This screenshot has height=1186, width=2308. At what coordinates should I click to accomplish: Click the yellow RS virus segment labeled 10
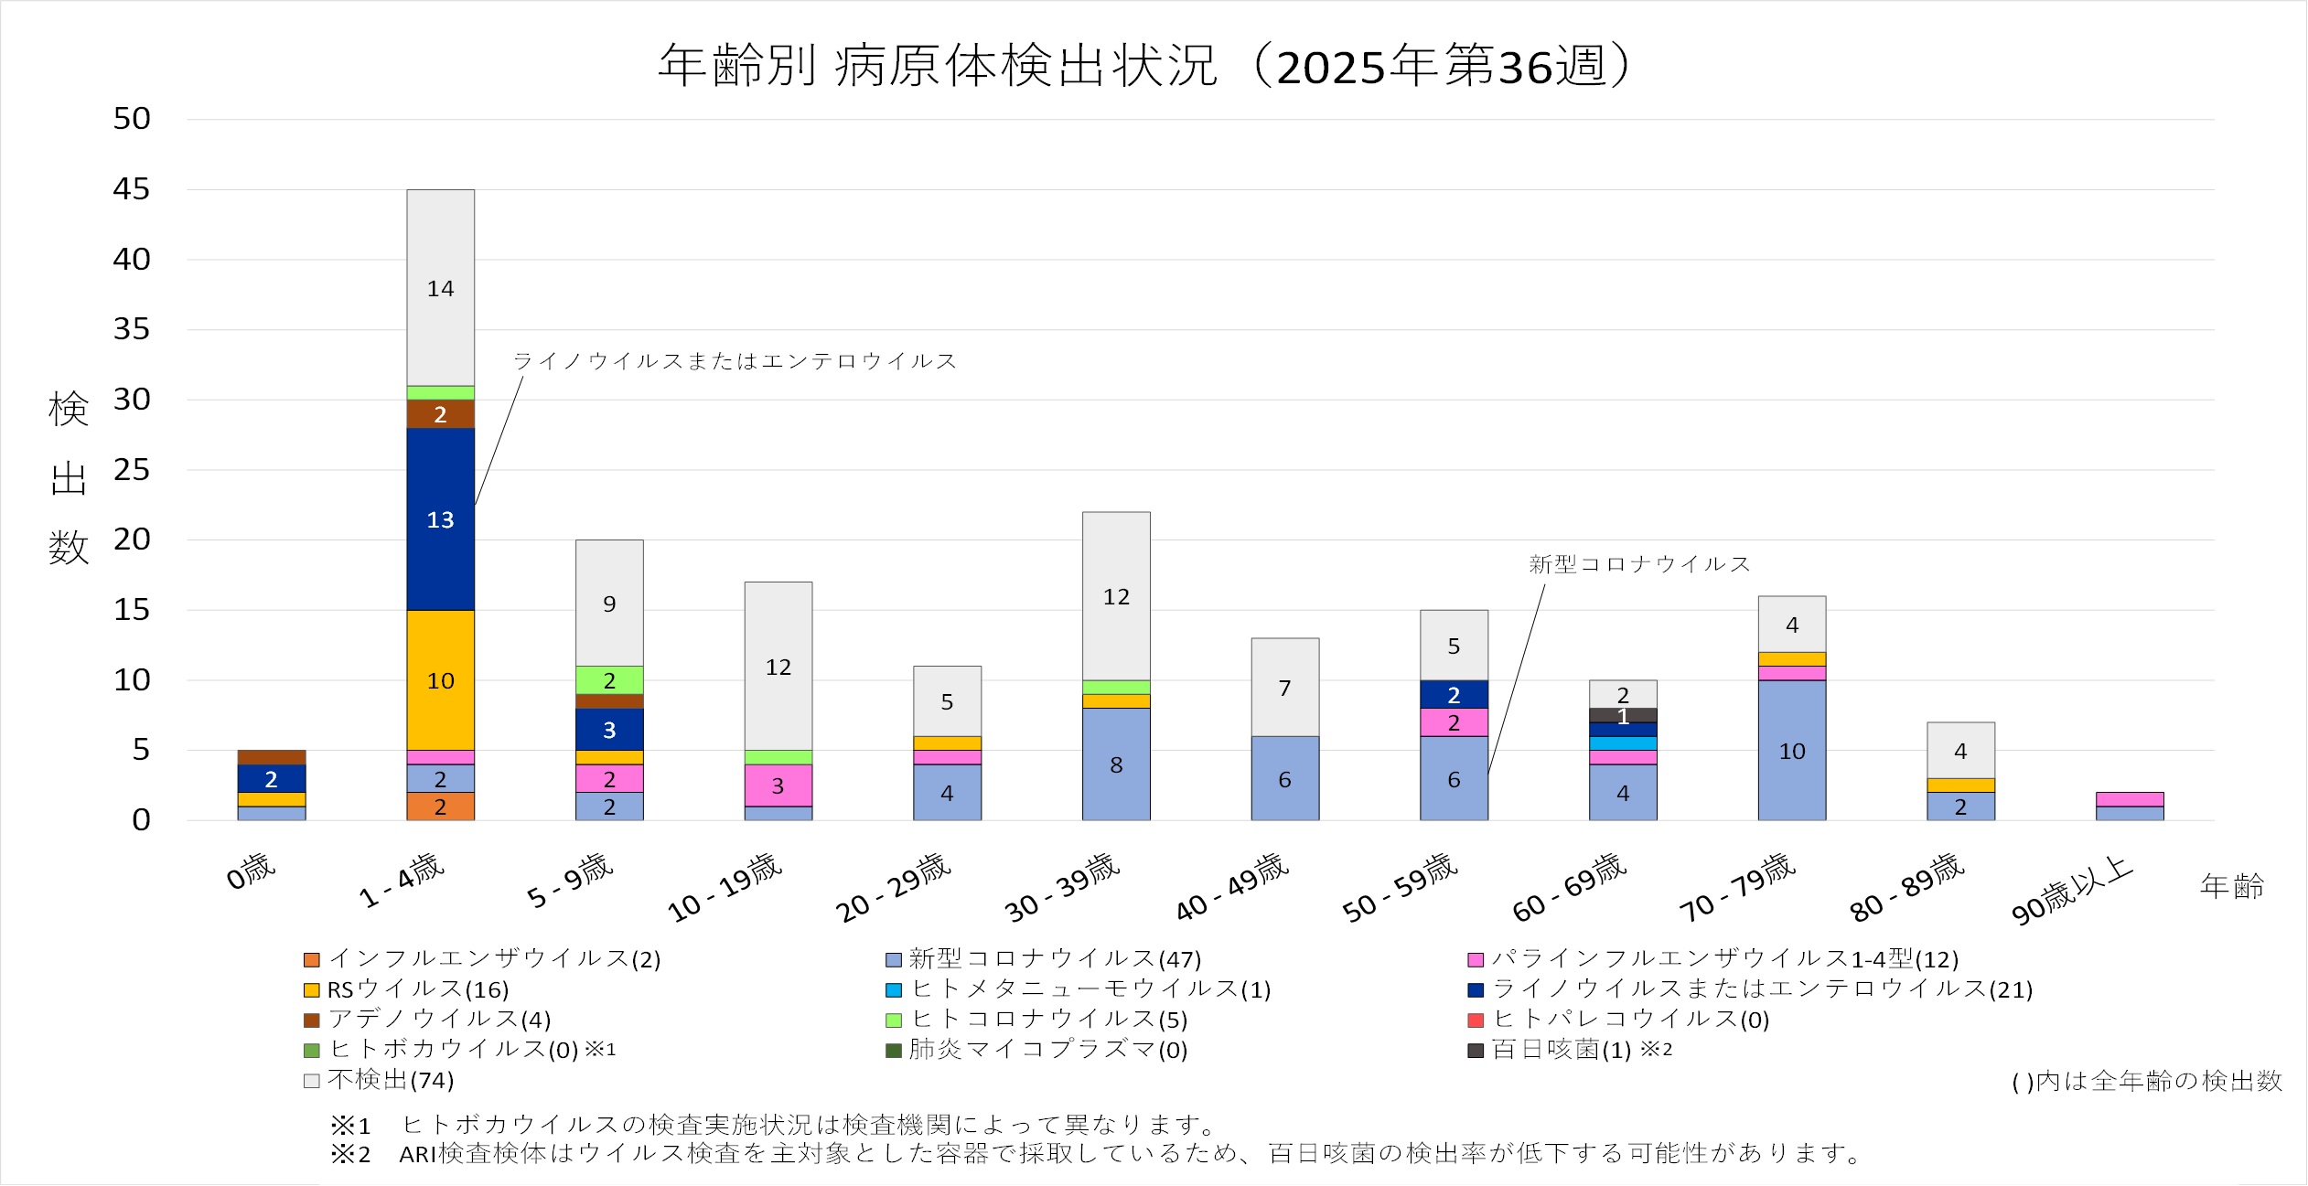pyautogui.click(x=440, y=679)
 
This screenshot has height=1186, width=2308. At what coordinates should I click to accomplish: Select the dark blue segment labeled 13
pyautogui.click(x=440, y=518)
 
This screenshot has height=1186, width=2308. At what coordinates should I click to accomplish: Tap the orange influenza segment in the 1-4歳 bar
pyautogui.click(x=440, y=807)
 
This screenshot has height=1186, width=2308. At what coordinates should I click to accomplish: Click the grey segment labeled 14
pyautogui.click(x=440, y=288)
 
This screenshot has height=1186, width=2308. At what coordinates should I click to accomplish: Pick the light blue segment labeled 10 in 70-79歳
pyautogui.click(x=1791, y=750)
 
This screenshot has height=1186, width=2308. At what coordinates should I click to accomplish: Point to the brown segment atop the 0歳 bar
pyautogui.click(x=271, y=757)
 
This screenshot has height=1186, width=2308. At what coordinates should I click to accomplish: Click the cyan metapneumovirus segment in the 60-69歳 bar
pyautogui.click(x=1622, y=743)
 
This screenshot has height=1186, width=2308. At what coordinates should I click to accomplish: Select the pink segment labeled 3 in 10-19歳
pyautogui.click(x=778, y=785)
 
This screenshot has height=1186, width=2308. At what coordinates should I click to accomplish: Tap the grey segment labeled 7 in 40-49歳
pyautogui.click(x=1284, y=687)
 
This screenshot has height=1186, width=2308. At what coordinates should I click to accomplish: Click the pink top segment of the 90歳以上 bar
pyautogui.click(x=2129, y=799)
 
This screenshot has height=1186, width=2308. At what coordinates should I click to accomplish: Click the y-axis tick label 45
pyautogui.click(x=131, y=189)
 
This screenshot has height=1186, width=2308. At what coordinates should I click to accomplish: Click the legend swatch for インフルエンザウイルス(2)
pyautogui.click(x=312, y=960)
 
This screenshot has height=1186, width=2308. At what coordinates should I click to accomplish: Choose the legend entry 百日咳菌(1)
pyautogui.click(x=1561, y=1050)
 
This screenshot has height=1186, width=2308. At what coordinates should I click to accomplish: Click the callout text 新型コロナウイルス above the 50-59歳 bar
pyautogui.click(x=1639, y=564)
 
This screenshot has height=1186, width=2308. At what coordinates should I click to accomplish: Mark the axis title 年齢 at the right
pyautogui.click(x=2232, y=885)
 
